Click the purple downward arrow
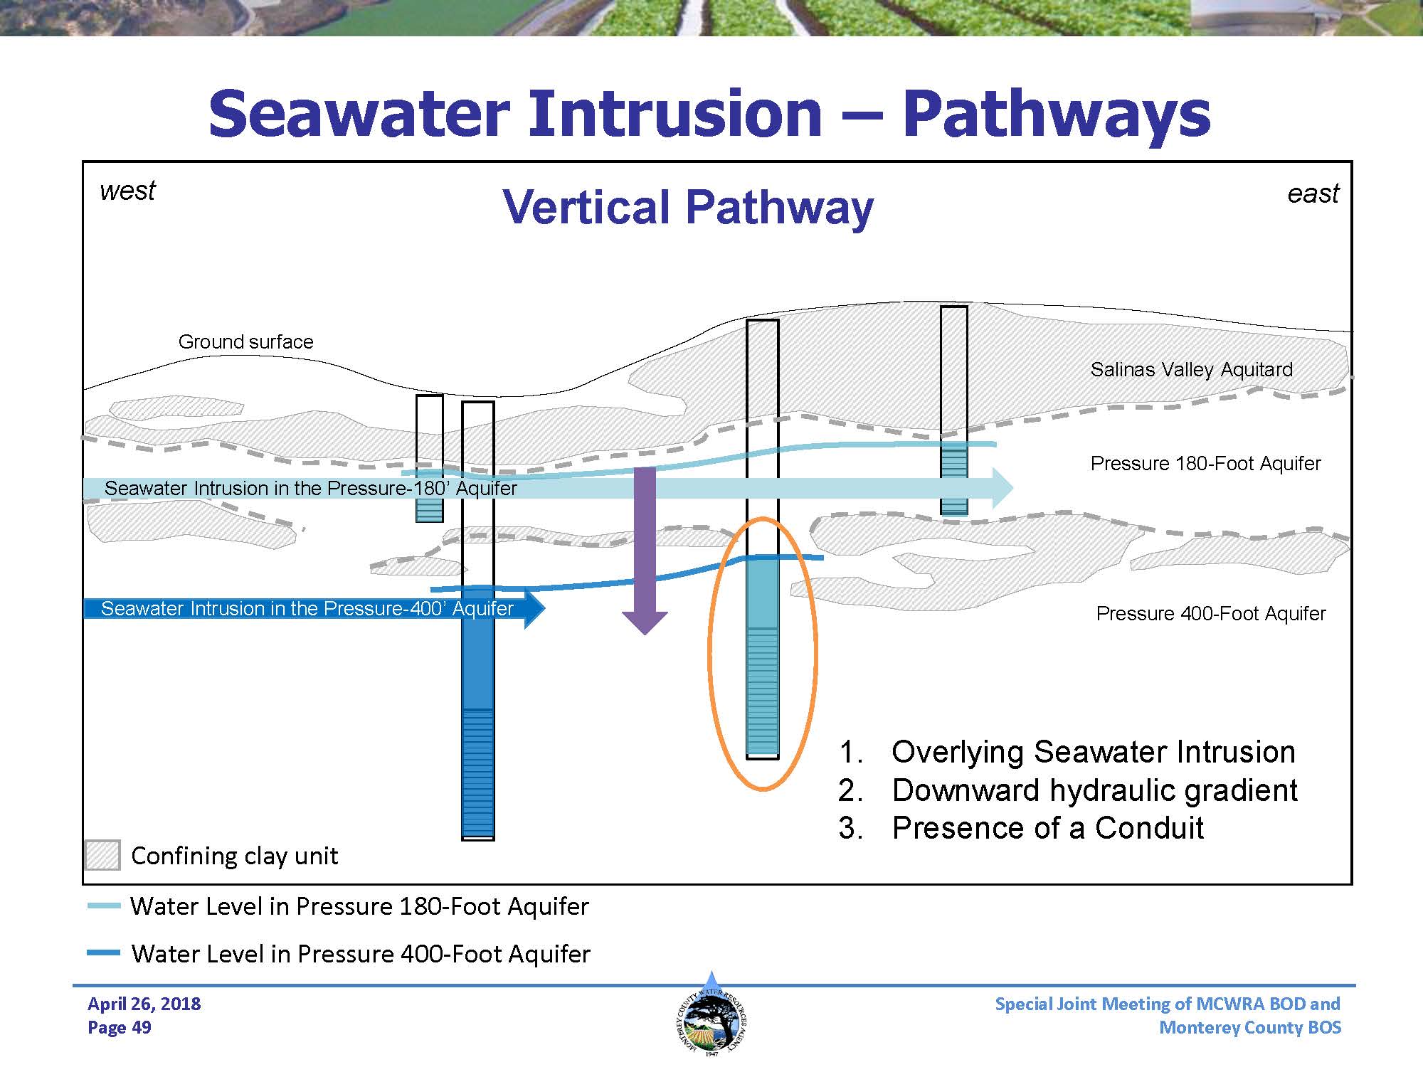coord(645,548)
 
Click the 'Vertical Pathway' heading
coord(687,207)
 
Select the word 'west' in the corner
coord(127,191)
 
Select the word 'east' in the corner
coord(1313,193)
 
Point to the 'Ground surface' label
coord(245,341)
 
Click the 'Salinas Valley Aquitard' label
coord(1191,370)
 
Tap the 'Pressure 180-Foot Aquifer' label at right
coord(1205,464)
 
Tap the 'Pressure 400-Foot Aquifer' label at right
coord(1210,613)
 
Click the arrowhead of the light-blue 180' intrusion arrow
coord(1002,488)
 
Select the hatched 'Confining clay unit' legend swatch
coord(102,855)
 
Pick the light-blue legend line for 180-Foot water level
coord(104,906)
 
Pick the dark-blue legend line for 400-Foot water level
coord(104,953)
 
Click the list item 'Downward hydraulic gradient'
coord(1094,790)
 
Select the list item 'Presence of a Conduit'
coord(1047,828)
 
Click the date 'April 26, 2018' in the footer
coord(144,1004)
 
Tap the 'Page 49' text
coord(120,1027)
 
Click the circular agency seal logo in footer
coord(711,1018)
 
